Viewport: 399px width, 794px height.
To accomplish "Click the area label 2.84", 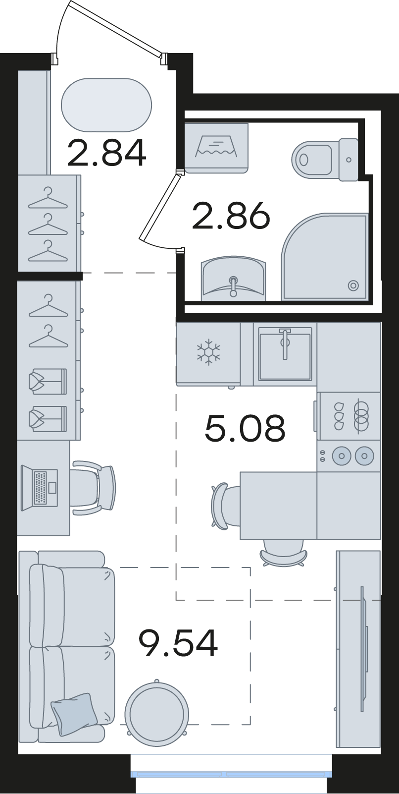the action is coord(106,153).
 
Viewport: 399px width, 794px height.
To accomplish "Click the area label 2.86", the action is coord(231,215).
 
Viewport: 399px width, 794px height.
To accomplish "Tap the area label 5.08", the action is coord(245,428).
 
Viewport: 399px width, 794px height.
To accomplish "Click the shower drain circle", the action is coord(353,285).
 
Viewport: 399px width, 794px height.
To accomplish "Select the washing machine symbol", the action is coord(216,148).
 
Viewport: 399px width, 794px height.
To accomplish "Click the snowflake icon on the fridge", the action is coord(208,353).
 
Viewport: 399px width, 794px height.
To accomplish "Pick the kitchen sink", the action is coord(285,354).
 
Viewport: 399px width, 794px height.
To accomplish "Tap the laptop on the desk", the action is coord(39,488).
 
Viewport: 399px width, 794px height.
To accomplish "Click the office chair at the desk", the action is coord(93,487).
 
